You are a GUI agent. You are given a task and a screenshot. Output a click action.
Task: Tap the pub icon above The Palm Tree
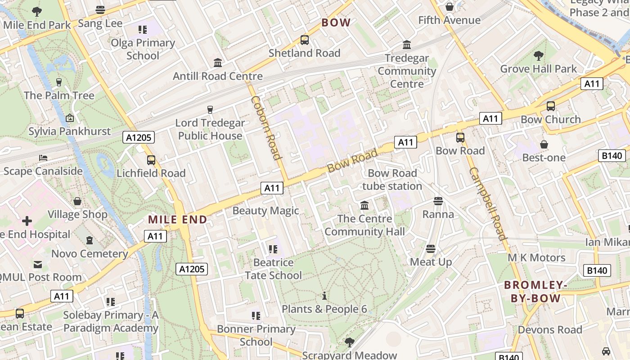tap(58, 82)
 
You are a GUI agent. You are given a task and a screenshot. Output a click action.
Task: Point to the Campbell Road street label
tap(488, 203)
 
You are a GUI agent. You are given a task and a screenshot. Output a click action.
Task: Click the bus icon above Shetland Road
tap(305, 40)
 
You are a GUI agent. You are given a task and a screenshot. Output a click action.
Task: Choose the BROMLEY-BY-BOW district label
tap(535, 291)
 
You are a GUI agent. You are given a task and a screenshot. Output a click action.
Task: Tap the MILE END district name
tap(178, 220)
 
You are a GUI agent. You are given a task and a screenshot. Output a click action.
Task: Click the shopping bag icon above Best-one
tap(544, 144)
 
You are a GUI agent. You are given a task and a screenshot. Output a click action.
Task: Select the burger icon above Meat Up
tap(431, 249)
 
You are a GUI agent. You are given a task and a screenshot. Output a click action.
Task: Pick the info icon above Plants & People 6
tap(324, 296)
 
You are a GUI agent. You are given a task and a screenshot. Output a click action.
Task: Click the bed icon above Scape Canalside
tap(43, 158)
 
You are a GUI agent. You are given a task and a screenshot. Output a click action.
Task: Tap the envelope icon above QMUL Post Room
tap(38, 264)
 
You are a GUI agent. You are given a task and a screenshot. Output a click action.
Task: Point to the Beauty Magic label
tap(265, 211)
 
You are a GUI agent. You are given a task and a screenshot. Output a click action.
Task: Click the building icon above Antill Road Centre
tap(218, 63)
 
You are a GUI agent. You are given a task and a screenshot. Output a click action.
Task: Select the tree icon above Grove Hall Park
tap(538, 56)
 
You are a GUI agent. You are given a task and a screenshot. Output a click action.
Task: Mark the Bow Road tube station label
tap(392, 180)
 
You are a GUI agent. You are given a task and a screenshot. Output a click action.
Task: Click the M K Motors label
tap(536, 257)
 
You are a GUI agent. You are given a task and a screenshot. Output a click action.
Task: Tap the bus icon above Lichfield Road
tap(151, 160)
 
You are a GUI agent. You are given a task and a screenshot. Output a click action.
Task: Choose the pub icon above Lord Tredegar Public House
tap(210, 109)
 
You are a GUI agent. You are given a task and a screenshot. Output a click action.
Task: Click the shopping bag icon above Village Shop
tap(77, 201)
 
